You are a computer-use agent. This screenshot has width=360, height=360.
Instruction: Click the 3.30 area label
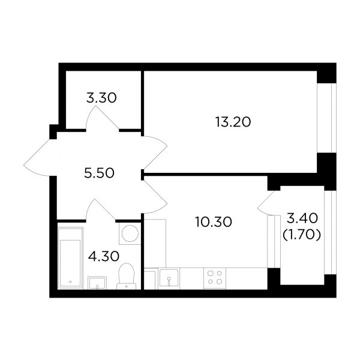tap(101, 98)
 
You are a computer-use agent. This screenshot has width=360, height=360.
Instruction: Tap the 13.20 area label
tap(233, 122)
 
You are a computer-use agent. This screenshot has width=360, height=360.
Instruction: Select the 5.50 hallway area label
tap(99, 173)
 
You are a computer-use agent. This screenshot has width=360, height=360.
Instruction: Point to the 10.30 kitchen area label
tap(214, 222)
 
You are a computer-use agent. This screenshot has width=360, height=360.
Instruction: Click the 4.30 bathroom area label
tap(104, 256)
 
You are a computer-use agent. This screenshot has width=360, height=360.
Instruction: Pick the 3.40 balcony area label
tap(302, 218)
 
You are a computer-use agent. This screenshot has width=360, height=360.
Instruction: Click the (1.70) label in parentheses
tap(301, 235)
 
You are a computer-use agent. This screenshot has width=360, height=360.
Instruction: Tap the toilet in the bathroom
tap(126, 276)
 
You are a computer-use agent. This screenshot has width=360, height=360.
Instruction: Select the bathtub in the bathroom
tap(70, 257)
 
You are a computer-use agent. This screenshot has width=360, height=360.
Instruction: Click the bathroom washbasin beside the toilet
tap(97, 283)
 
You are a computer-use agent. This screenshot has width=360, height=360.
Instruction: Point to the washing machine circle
tap(130, 233)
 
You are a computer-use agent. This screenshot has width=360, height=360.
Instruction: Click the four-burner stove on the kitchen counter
tap(215, 278)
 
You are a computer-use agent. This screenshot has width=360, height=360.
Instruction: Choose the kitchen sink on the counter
tap(169, 278)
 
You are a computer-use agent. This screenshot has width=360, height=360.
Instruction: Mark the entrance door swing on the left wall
tap(37, 158)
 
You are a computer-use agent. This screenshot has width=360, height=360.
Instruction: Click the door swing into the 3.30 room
tap(102, 118)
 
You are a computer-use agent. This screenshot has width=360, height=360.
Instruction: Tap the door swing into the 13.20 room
tap(155, 152)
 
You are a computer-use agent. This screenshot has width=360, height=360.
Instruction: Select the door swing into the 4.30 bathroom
tap(100, 209)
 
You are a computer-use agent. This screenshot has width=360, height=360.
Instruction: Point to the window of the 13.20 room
tap(326, 118)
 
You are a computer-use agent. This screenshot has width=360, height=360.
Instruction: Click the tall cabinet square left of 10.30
tap(155, 244)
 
